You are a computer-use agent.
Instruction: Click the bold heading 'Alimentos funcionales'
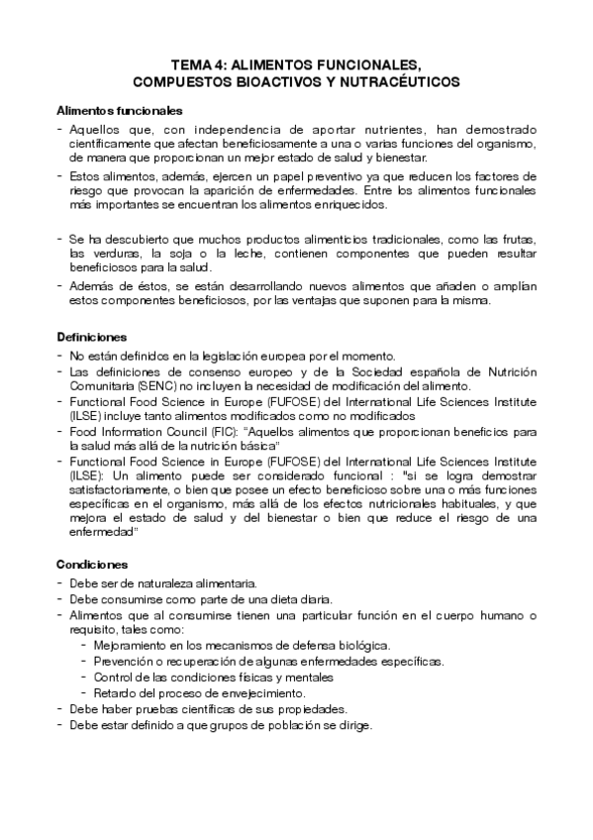[x=118, y=110]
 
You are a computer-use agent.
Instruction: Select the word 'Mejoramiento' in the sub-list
[x=129, y=644]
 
